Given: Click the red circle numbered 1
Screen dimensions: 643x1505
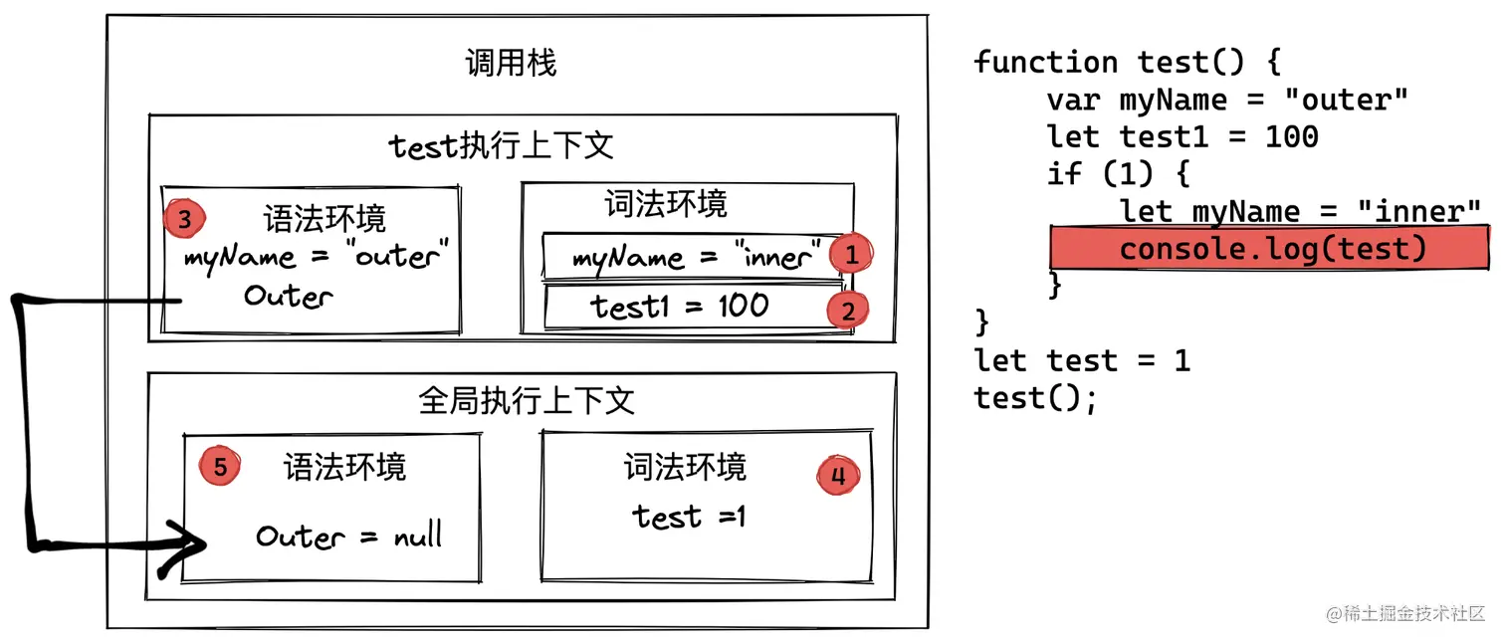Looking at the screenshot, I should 851,254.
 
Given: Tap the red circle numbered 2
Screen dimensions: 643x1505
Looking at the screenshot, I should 847,311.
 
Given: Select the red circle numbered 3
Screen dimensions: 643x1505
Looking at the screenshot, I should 184,218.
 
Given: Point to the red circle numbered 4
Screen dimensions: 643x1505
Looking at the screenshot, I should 837,476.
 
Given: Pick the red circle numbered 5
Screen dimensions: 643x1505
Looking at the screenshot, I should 220,466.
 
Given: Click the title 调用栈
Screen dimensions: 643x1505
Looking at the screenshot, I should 511,64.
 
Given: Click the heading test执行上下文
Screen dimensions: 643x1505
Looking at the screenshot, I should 501,146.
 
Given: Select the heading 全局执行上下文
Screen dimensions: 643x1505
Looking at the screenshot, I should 526,401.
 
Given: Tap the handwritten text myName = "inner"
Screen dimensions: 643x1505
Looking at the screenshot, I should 698,258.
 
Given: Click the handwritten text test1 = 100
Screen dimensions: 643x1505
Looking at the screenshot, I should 680,307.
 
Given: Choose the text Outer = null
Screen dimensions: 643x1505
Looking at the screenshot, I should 348,536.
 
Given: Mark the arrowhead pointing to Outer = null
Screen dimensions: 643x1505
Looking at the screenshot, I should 189,545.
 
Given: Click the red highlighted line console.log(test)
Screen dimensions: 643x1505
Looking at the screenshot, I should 1271,248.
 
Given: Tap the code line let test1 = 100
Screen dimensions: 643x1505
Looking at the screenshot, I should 1182,136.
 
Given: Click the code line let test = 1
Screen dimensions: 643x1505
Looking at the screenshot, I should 1082,359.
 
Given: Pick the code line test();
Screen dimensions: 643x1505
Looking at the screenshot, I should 1035,398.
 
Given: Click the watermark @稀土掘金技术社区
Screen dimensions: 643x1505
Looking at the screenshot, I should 1404,613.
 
